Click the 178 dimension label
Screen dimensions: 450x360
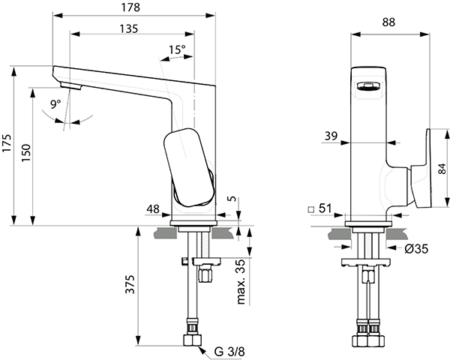pyautogui.click(x=130, y=7)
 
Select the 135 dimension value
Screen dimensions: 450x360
pyautogui.click(x=129, y=28)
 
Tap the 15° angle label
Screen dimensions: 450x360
pyautogui.click(x=177, y=49)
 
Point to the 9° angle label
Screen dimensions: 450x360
pyautogui.click(x=55, y=104)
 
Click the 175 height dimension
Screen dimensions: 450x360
pyautogui.click(x=7, y=143)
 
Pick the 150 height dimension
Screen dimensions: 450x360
pyautogui.click(x=25, y=153)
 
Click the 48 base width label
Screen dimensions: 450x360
pyautogui.click(x=153, y=209)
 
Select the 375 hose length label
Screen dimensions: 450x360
pyautogui.click(x=130, y=284)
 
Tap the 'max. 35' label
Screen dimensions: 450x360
pyautogui.click(x=241, y=282)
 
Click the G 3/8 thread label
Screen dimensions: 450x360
pyautogui.click(x=229, y=352)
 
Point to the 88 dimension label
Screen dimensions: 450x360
pyautogui.click(x=388, y=22)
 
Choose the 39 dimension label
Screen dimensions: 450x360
pyautogui.click(x=331, y=136)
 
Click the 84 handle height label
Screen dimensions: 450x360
pyautogui.click(x=442, y=169)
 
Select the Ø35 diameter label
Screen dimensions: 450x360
pyautogui.click(x=416, y=248)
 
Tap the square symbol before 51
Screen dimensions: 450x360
pyautogui.click(x=310, y=209)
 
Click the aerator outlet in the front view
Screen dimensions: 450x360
pyautogui.click(x=368, y=85)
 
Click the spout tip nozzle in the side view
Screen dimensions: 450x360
pyautogui.click(x=70, y=85)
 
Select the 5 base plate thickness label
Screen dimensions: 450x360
pyautogui.click(x=233, y=198)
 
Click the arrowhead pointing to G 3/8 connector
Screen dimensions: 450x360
pyautogui.click(x=202, y=349)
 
